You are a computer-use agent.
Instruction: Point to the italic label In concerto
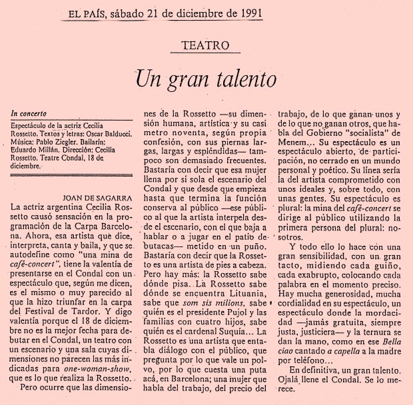(x=31, y=115)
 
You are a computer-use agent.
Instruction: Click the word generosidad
(x=341, y=315)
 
